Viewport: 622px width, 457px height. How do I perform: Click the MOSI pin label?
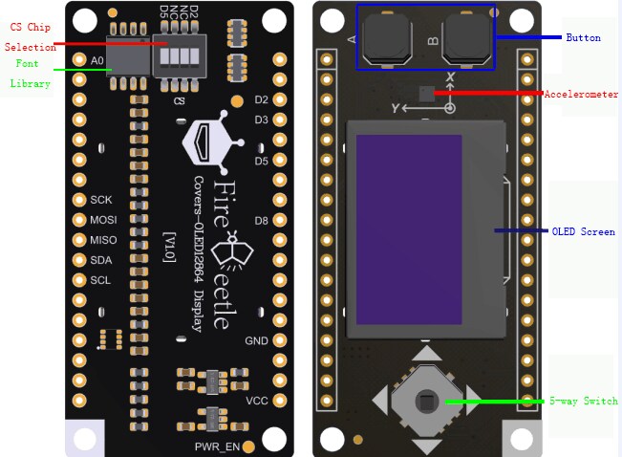coord(102,220)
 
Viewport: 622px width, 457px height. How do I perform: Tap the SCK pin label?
coord(101,200)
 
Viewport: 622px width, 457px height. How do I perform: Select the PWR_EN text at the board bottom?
coord(217,446)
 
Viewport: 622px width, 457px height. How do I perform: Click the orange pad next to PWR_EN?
coord(248,446)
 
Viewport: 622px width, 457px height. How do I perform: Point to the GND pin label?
coord(256,341)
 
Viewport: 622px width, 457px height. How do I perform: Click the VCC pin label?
coord(256,400)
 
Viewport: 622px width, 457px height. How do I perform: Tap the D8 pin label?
coord(261,221)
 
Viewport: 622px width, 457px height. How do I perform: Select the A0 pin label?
coord(97,60)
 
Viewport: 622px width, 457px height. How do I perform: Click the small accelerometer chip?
coord(426,93)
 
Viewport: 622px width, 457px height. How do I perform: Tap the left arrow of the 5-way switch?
coord(380,401)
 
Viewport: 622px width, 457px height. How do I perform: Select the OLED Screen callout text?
coord(583,231)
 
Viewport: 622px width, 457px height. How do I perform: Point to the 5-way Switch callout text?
coord(583,401)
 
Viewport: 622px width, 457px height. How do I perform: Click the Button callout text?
coord(583,37)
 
